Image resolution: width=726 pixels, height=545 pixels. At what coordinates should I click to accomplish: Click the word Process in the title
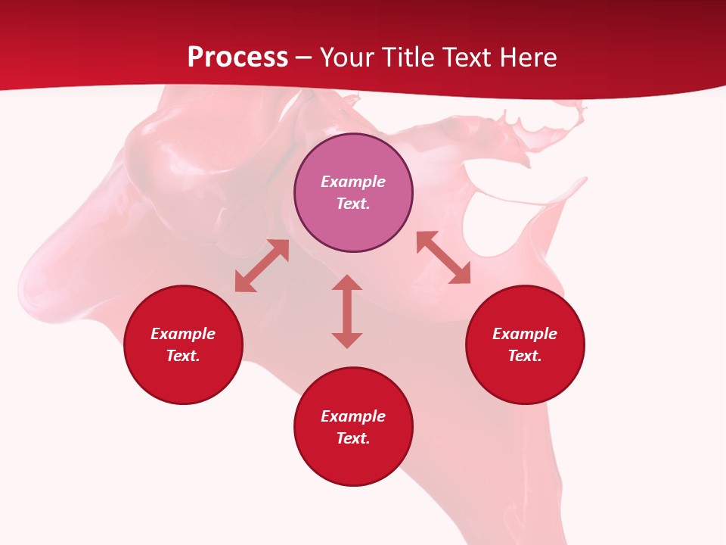pyautogui.click(x=237, y=58)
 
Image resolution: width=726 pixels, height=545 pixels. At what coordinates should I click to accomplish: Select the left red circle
pyautogui.click(x=183, y=378)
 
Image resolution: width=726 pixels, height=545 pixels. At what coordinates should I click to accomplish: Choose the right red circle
pyautogui.click(x=525, y=378)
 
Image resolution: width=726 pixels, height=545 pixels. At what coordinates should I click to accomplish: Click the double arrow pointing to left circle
pyautogui.click(x=262, y=266)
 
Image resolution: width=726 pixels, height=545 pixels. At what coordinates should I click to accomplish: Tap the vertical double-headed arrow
pyautogui.click(x=347, y=311)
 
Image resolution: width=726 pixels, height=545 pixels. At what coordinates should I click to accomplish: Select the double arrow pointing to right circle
pyautogui.click(x=443, y=257)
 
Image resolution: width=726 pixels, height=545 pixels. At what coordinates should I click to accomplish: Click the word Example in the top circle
pyautogui.click(x=353, y=182)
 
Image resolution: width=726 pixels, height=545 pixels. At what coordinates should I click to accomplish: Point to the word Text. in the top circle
pyautogui.click(x=353, y=204)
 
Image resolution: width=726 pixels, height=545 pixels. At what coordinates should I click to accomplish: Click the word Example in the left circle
pyautogui.click(x=183, y=334)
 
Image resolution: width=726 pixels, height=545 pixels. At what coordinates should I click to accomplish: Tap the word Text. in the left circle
pyautogui.click(x=183, y=356)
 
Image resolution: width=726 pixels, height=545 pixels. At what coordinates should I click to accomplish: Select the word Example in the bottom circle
pyautogui.click(x=353, y=416)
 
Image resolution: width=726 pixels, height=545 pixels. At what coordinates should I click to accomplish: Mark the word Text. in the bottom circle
pyautogui.click(x=353, y=438)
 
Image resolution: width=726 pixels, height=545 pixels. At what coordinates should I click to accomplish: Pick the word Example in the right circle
pyautogui.click(x=525, y=334)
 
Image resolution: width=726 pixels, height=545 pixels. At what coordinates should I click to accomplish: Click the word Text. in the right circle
pyautogui.click(x=525, y=356)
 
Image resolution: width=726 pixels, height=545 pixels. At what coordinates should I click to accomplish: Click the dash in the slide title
pyautogui.click(x=304, y=58)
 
